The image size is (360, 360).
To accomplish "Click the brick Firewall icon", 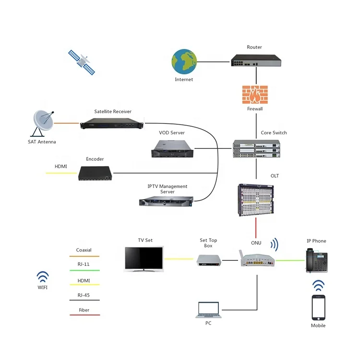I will tap(254, 94).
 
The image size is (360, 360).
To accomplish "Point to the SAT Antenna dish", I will tap(44, 122).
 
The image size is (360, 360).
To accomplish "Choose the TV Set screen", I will tap(144, 259).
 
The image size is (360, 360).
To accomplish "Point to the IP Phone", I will tap(316, 261).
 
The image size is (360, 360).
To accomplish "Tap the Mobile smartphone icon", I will tap(318, 307).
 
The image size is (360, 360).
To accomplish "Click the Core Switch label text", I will tap(274, 132).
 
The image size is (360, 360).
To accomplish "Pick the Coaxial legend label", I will tap(84, 250).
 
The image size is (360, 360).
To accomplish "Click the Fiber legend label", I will tap(84, 310).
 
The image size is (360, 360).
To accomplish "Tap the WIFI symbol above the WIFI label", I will tap(43, 276).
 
